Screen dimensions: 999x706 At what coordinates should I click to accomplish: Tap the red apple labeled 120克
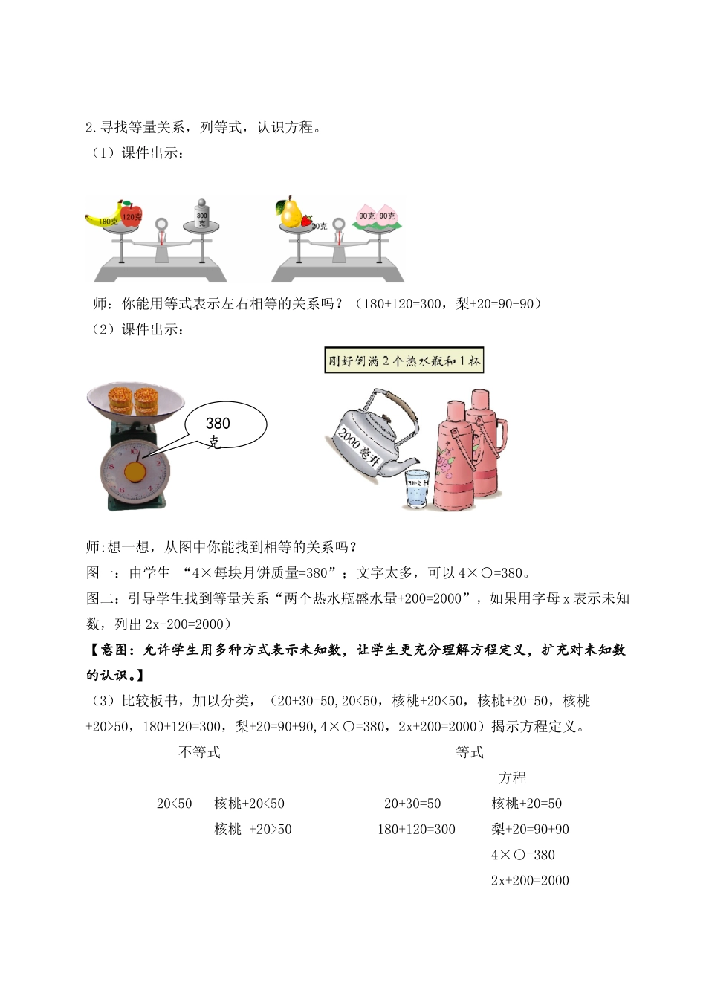(x=131, y=213)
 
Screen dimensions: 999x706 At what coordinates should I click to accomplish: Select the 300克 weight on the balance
(x=202, y=215)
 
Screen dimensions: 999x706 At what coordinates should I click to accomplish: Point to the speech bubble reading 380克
(x=226, y=427)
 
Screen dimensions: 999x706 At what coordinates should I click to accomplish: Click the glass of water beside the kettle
(x=417, y=488)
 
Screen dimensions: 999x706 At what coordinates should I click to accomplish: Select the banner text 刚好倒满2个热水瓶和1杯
(x=404, y=361)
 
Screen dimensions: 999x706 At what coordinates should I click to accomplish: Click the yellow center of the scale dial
(x=135, y=471)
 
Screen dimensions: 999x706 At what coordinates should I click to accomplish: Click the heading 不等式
(x=200, y=752)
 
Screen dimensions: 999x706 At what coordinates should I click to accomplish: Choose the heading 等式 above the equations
(x=470, y=752)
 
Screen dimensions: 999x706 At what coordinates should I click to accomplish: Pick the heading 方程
(x=513, y=777)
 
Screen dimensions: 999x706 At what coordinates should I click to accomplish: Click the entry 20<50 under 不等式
(x=175, y=804)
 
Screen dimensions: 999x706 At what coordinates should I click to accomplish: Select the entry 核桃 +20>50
(x=253, y=829)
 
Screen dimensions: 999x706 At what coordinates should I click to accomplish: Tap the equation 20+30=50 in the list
(x=412, y=804)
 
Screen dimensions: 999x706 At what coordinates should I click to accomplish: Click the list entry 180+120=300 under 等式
(x=417, y=829)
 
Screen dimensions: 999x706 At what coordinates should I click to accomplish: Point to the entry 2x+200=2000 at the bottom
(x=530, y=880)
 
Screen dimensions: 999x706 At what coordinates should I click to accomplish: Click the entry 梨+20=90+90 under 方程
(x=530, y=829)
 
